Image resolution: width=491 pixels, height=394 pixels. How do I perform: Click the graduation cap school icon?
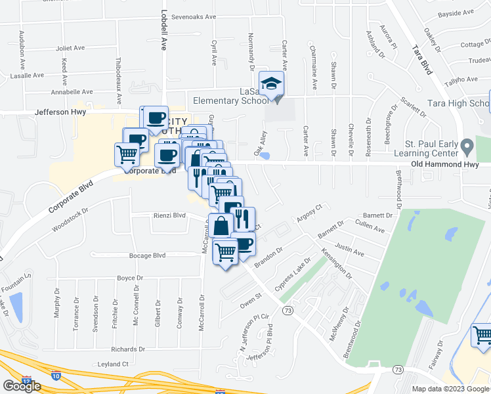click(271, 83)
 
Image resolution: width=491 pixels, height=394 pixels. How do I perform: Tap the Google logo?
click(22, 386)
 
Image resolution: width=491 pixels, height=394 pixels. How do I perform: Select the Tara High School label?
click(459, 103)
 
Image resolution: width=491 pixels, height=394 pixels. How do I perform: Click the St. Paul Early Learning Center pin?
click(467, 144)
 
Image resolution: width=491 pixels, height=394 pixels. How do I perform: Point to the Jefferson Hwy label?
click(60, 113)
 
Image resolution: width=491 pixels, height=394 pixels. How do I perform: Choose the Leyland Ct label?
click(112, 364)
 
